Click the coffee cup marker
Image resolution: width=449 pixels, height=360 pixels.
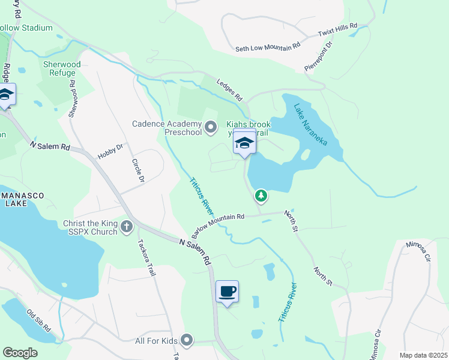click(227, 292)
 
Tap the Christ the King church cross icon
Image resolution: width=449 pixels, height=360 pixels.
click(126, 227)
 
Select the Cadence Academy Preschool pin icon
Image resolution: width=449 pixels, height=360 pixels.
click(210, 127)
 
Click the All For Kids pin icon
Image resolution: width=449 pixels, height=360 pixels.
click(187, 341)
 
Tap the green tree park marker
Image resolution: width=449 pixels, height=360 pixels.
click(261, 195)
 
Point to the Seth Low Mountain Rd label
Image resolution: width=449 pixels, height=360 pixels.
click(268, 47)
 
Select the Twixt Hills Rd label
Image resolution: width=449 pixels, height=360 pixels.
click(338, 28)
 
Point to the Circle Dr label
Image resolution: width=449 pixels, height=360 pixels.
click(137, 171)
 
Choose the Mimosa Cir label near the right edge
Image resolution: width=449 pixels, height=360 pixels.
click(418, 251)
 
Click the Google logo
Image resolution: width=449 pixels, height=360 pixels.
click(20, 353)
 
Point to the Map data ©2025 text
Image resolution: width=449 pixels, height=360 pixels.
click(423, 355)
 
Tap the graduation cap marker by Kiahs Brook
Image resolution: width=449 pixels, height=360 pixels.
click(244, 143)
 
